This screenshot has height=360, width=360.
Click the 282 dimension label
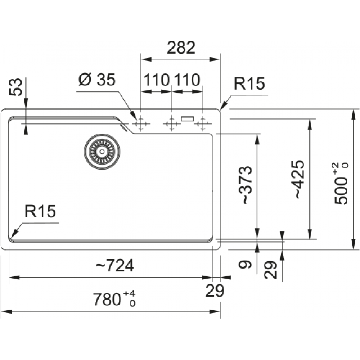point(181,48)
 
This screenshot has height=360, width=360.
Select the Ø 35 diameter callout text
point(97,80)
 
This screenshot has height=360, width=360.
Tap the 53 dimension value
point(16,87)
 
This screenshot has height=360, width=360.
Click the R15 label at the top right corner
point(249,84)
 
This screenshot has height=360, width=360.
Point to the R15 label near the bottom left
point(40,212)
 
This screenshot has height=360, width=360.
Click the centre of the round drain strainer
point(102,151)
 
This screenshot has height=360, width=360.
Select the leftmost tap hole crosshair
point(140,124)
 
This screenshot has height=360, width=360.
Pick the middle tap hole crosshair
point(172,124)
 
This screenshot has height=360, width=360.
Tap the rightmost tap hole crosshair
point(203,124)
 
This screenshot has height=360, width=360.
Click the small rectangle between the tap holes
point(187,118)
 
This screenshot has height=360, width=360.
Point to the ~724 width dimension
point(114,266)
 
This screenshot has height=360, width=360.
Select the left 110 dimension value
point(157,80)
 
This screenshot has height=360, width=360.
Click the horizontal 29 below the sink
point(215,290)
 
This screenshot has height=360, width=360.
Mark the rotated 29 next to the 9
point(271,270)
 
